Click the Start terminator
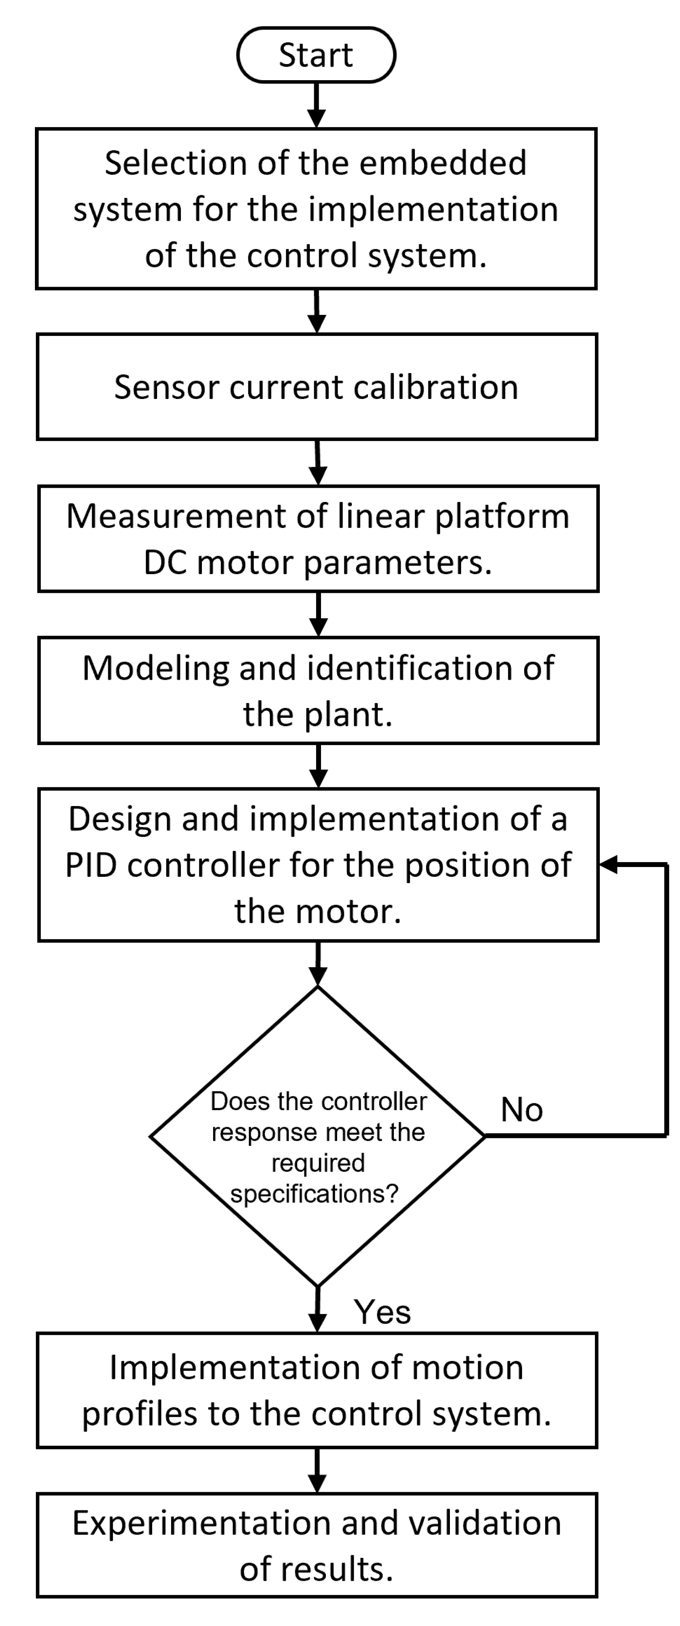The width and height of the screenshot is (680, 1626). [x=316, y=55]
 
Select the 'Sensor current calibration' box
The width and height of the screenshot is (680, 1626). [x=316, y=387]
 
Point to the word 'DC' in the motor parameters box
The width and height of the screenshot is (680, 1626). [x=165, y=562]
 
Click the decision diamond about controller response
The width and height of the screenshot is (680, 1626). [x=317, y=1136]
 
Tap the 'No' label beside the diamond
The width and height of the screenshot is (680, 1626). [x=521, y=1110]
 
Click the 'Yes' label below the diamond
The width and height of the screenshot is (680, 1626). [x=382, y=1312]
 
